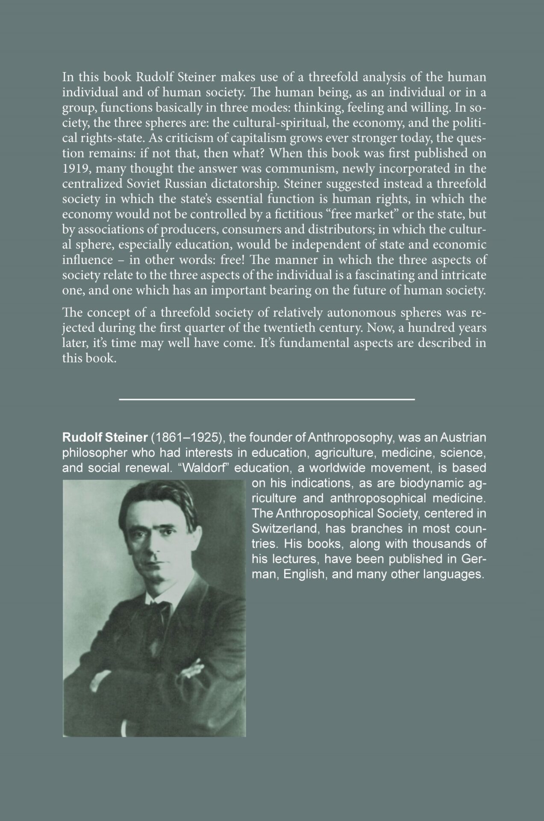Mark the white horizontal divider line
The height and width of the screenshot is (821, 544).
pyautogui.click(x=267, y=399)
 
